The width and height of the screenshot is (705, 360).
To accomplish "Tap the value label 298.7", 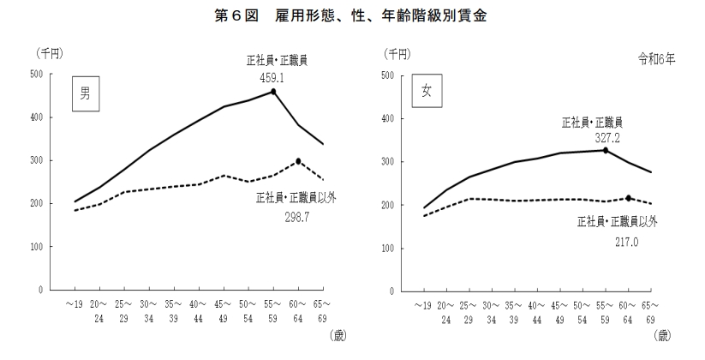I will pos(297,218).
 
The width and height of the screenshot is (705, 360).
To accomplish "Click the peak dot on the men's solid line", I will pos(273,92).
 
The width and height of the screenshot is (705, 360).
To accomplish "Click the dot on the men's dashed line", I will pos(298,161).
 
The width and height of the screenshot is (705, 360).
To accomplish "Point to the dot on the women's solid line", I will pos(605,151).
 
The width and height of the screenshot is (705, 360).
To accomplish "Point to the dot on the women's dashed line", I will pos(630,198).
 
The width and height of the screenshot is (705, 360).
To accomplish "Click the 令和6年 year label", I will pos(655,60).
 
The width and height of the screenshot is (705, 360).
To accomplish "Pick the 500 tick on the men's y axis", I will pos(35,75).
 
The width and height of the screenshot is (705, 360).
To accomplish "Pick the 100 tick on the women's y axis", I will pos(386,249).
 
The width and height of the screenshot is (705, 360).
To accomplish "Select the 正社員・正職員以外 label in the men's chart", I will pos(296,198).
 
